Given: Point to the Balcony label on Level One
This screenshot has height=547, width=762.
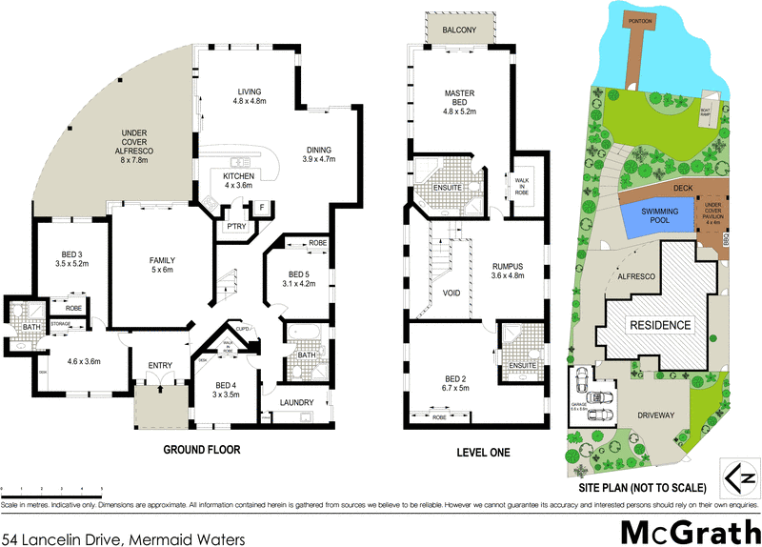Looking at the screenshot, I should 460,30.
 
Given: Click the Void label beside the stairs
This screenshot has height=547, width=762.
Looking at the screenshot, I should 452,292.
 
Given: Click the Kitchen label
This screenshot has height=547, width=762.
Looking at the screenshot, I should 235,177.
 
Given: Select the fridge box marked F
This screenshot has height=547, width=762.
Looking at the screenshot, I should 260,207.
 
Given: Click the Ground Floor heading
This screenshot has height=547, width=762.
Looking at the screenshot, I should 202,449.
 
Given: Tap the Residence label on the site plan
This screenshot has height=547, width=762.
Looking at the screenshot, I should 657,325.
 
